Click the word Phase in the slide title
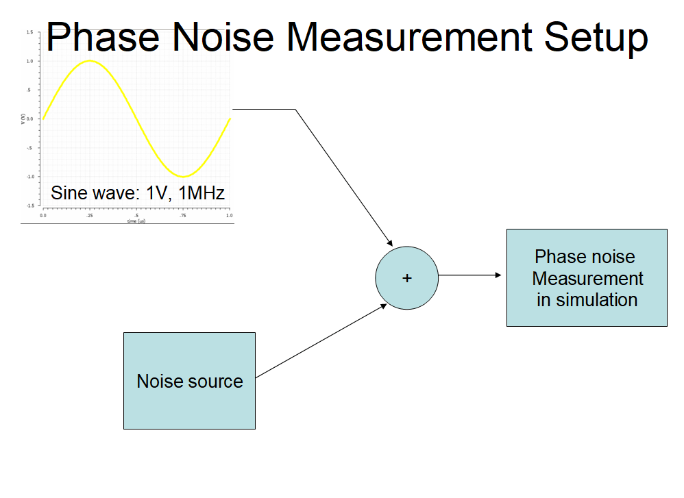(102, 37)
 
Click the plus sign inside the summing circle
(407, 278)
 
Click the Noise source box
(189, 381)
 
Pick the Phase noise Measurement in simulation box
(587, 277)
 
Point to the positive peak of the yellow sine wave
(90, 61)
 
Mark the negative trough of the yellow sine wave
(183, 176)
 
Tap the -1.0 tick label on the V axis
(29, 176)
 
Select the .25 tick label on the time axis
(90, 215)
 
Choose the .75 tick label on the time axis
(183, 215)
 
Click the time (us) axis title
(136, 221)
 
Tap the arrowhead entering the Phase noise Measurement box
(500, 275)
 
